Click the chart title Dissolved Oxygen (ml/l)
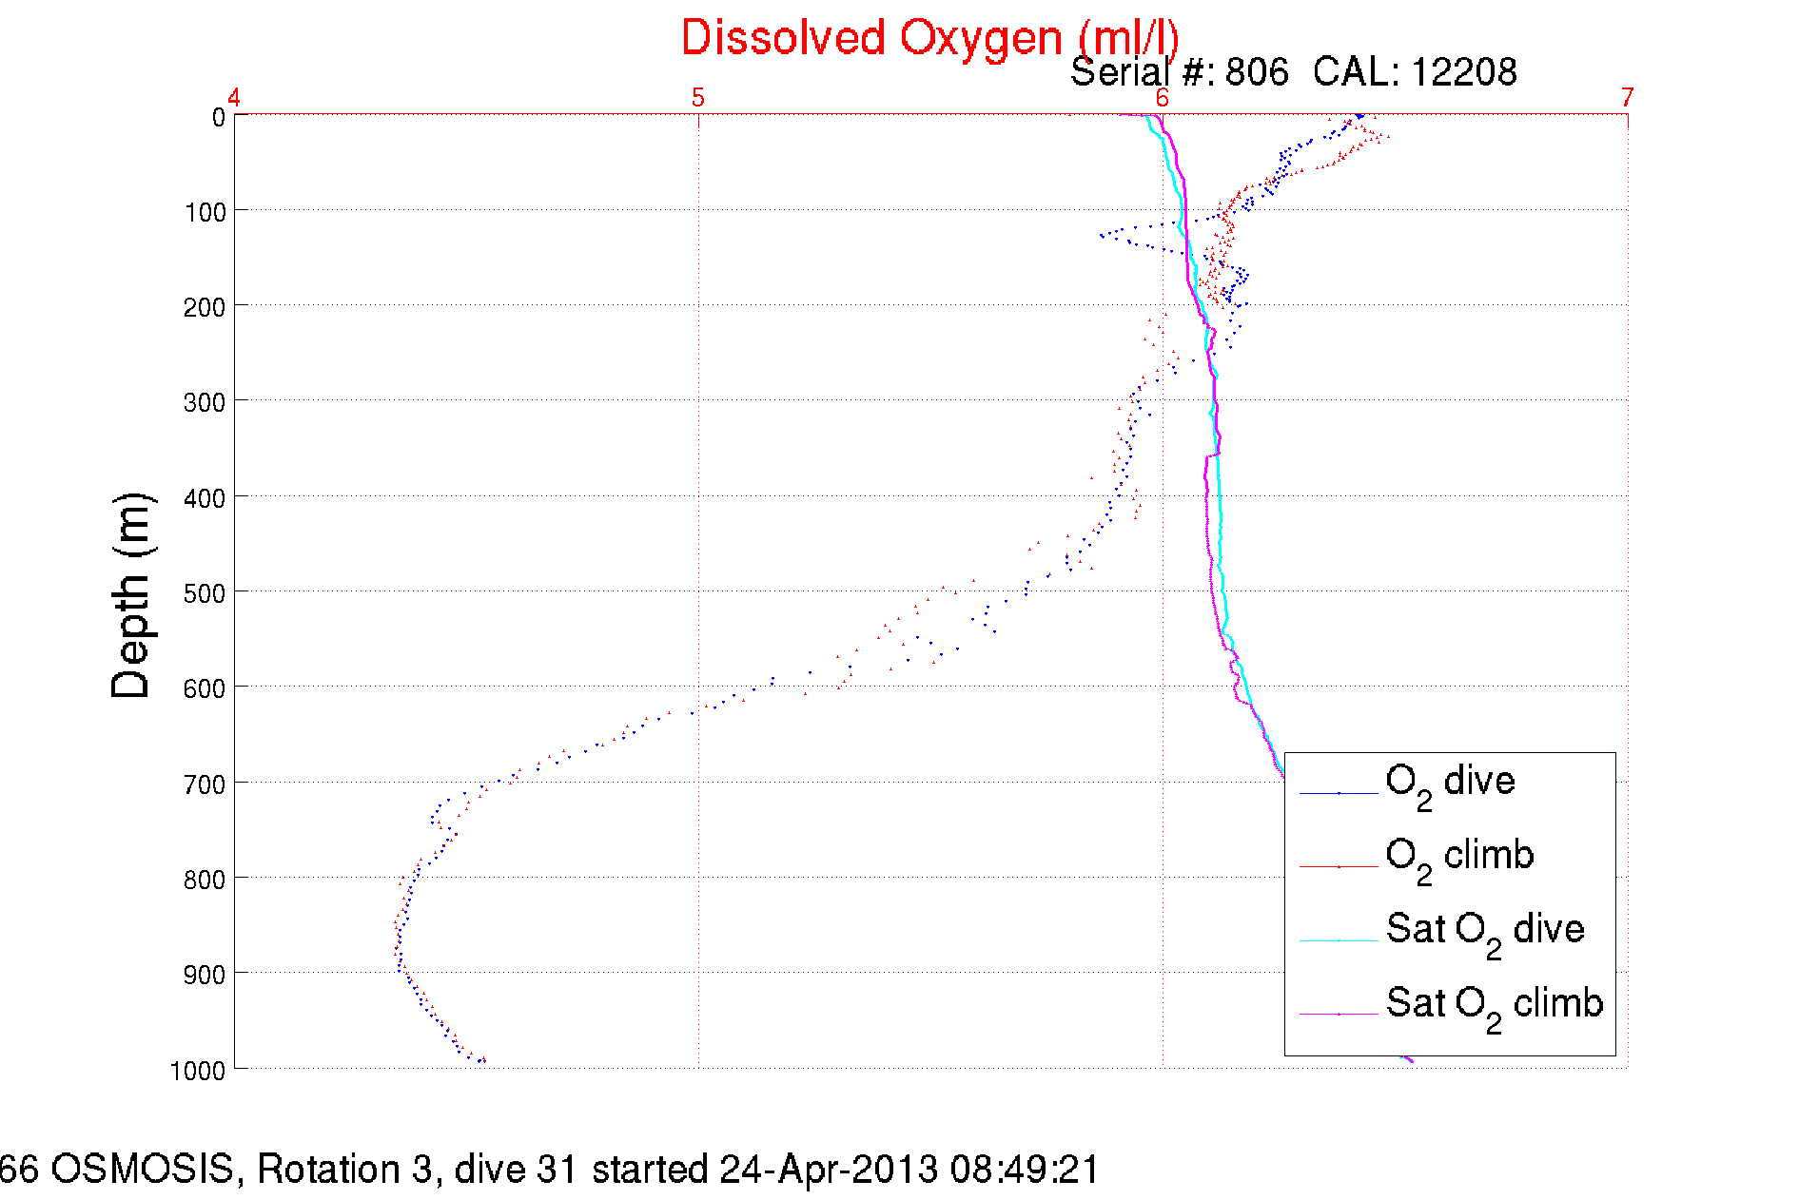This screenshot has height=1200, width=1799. pos(929,39)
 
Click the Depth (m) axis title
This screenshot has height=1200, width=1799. pos(131,596)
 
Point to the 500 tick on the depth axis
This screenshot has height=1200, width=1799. pos(205,593)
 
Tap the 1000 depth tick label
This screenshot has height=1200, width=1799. pos(198,1071)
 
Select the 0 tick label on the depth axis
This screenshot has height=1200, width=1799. pos(219,118)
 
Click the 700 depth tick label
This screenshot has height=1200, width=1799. pos(205,784)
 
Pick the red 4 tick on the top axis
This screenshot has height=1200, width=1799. pos(234,98)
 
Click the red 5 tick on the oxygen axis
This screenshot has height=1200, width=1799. pos(698,98)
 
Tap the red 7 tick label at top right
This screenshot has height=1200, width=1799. pos(1628,98)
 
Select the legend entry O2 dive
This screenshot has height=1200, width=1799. pos(1450,783)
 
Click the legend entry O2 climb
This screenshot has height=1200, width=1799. pos(1459,857)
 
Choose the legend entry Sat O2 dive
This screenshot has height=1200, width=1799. pos(1485,930)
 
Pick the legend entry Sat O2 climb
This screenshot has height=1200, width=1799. pos(1494,1004)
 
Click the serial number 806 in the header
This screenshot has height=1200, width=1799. pos(1257,72)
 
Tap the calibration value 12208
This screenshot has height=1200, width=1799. pos(1463,72)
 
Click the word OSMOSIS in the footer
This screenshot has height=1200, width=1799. pos(142,1170)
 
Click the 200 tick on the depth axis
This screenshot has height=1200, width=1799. pos(205,307)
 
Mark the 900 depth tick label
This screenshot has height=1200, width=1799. pos(205,975)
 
